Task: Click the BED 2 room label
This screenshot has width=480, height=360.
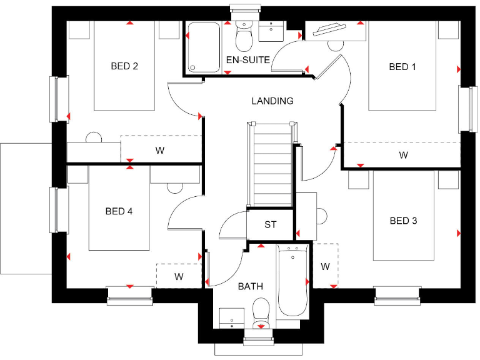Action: point(124,66)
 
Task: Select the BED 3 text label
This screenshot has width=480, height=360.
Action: point(403,221)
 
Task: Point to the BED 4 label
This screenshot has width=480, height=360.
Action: point(119,211)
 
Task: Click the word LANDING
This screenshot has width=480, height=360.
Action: point(272,101)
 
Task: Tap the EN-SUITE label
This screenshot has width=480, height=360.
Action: point(248,60)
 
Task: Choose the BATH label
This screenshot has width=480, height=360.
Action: point(250,287)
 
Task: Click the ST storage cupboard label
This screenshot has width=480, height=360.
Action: point(270,225)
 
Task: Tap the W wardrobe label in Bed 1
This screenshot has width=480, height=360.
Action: point(404,155)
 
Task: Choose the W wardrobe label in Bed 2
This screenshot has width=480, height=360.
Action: point(160,150)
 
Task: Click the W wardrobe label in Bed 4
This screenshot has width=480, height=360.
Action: point(179,276)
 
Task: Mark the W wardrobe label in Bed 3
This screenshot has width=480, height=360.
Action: point(325,266)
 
